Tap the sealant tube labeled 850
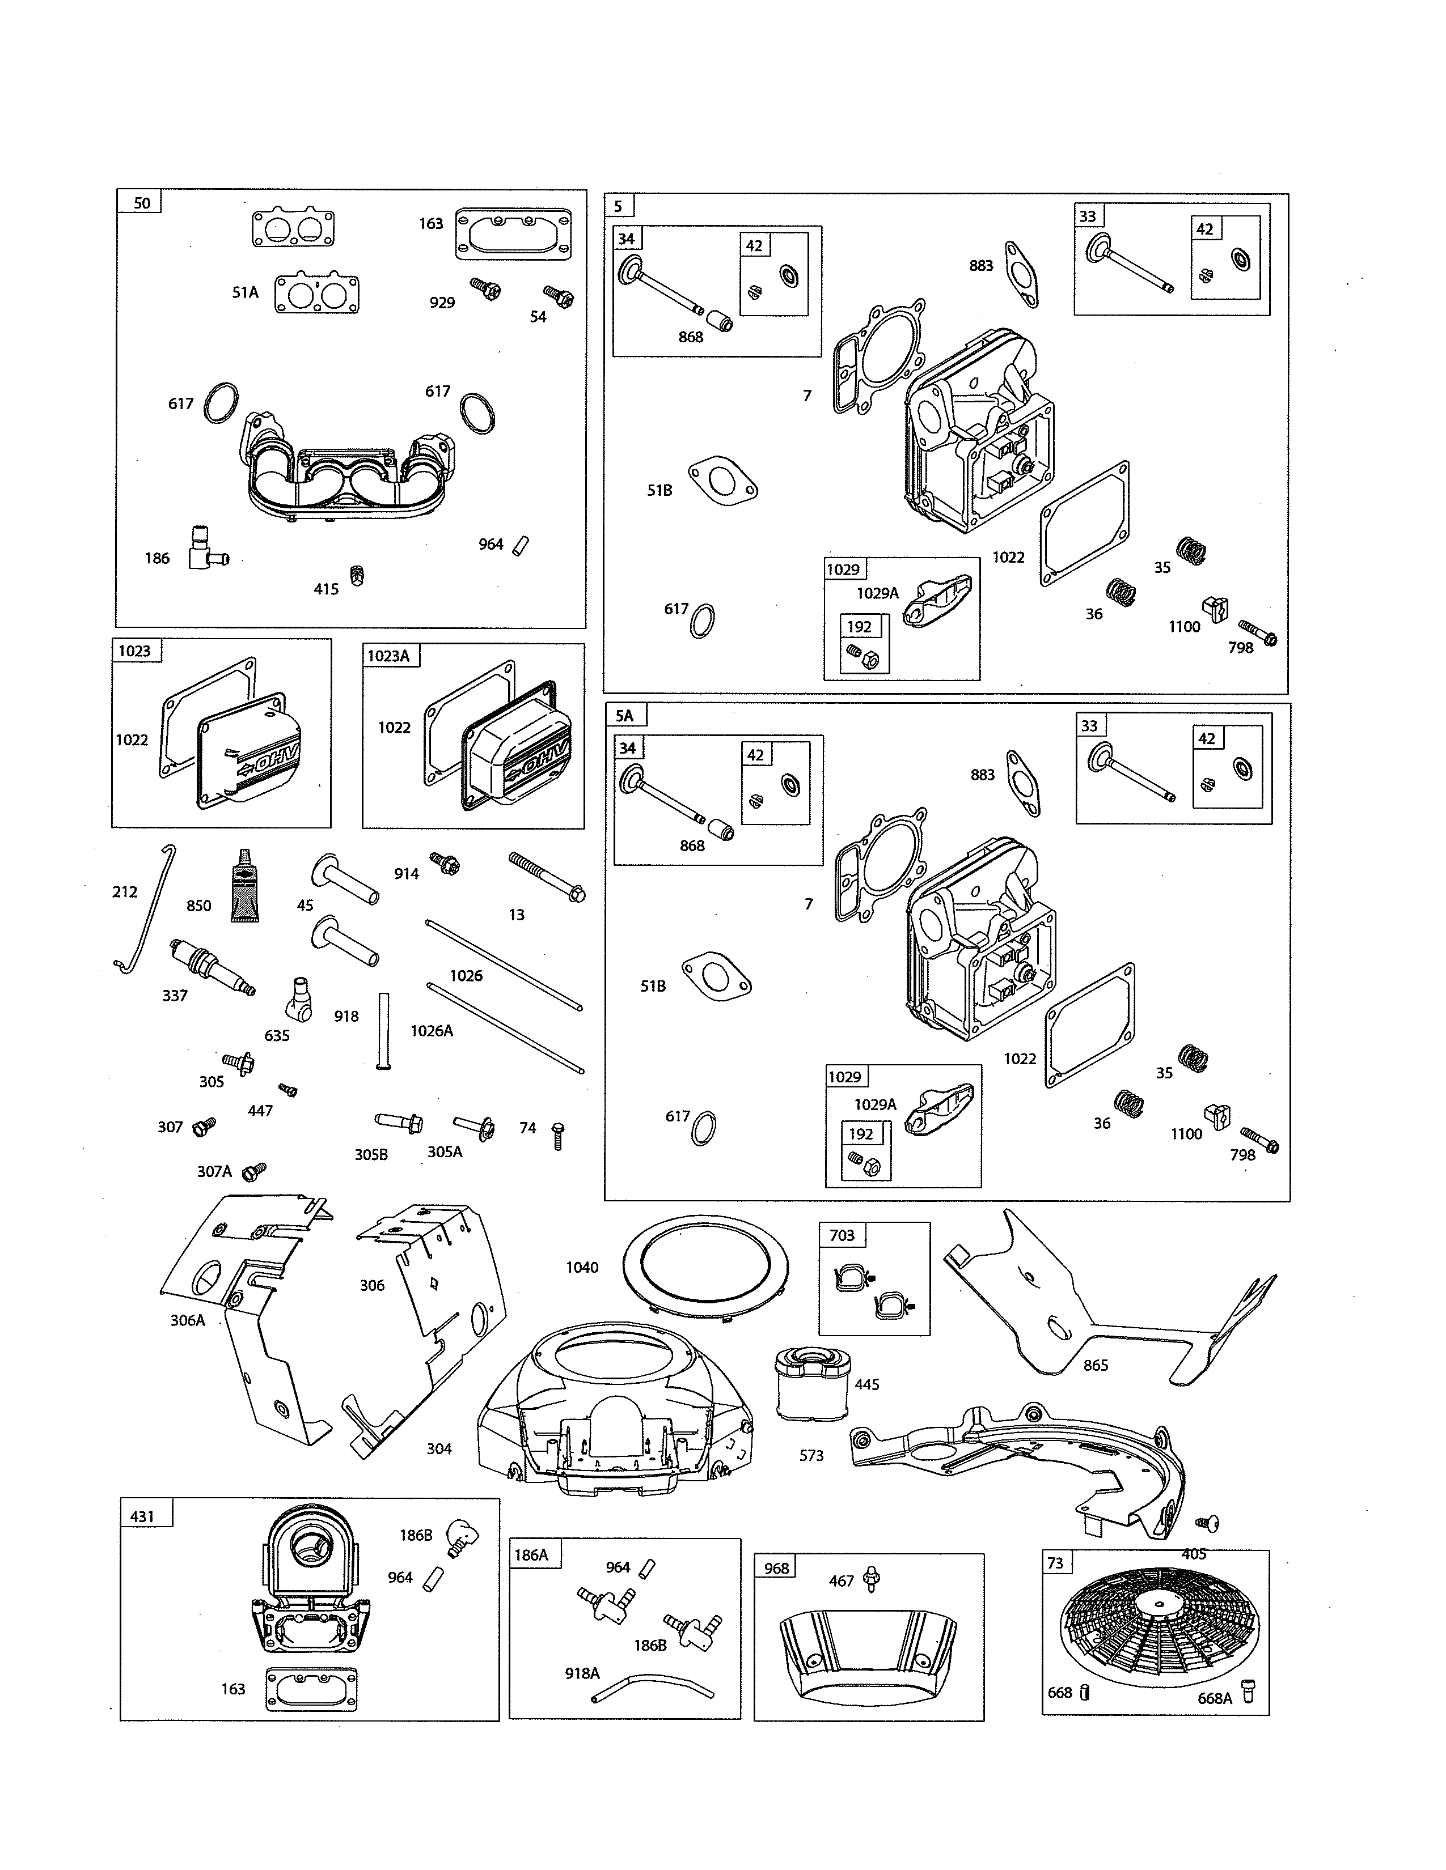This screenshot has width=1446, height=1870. tap(245, 886)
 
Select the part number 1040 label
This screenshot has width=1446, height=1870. tap(582, 1267)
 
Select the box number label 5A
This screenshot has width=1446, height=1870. tap(624, 716)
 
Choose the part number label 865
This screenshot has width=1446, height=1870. tap(1096, 1365)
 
